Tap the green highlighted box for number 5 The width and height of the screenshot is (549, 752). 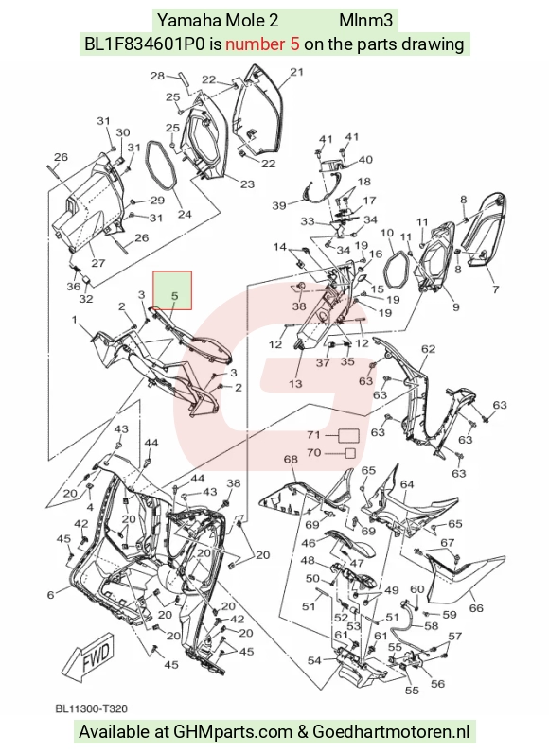click(x=172, y=290)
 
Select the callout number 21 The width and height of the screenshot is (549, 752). click(x=297, y=72)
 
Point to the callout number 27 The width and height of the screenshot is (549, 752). click(x=97, y=263)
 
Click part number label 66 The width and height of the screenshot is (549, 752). click(x=476, y=608)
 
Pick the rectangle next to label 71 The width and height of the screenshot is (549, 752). click(x=349, y=435)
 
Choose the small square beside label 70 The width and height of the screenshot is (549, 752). click(x=351, y=453)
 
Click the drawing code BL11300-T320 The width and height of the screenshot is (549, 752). click(x=91, y=708)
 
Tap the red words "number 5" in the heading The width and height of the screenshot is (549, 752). click(x=262, y=44)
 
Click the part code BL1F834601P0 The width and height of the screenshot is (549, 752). click(x=146, y=44)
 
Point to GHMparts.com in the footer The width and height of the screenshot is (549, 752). click(x=233, y=732)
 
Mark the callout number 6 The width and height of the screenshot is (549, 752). click(x=51, y=595)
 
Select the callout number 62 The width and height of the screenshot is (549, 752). click(x=428, y=349)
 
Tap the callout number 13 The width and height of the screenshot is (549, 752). click(x=295, y=383)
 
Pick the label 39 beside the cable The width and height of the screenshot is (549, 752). click(x=279, y=205)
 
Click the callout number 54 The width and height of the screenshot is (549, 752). click(x=314, y=661)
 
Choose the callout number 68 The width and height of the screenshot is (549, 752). click(x=291, y=459)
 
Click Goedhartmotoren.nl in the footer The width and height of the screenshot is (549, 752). click(x=391, y=732)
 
